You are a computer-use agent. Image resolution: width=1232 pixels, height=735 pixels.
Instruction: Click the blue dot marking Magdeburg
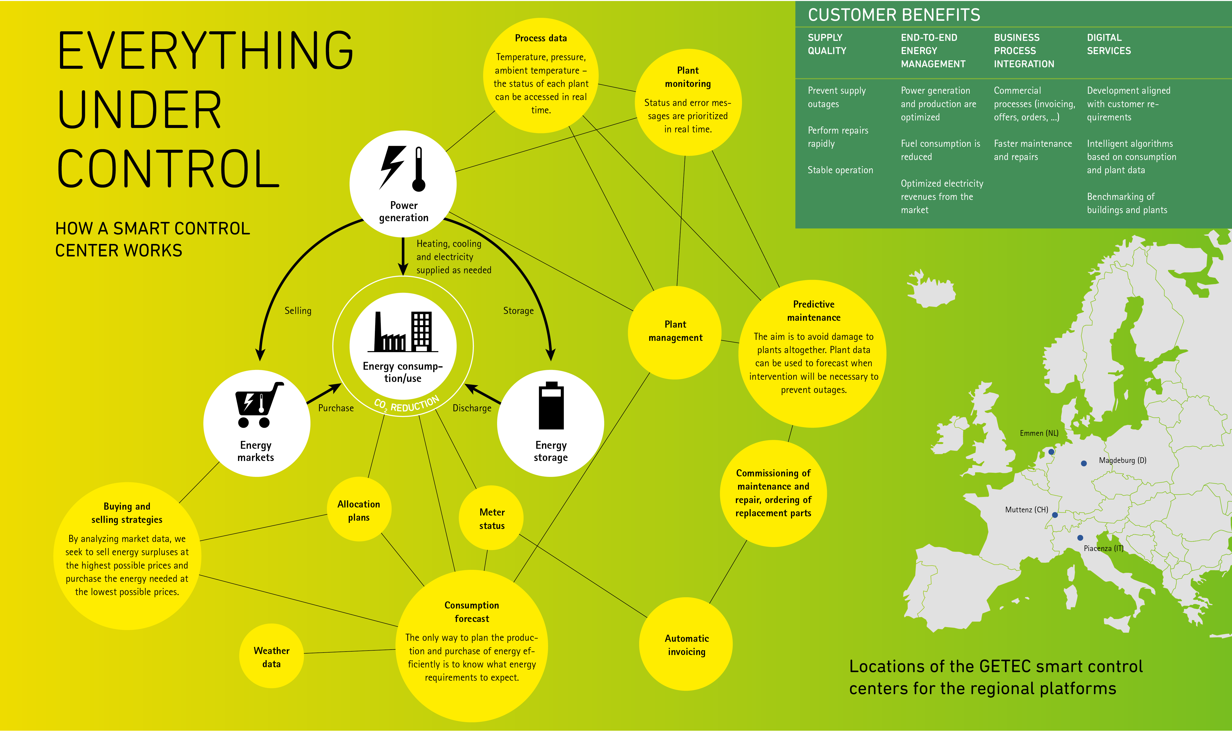[1084, 463]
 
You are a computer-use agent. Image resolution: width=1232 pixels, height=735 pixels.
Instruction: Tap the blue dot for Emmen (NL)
[1051, 452]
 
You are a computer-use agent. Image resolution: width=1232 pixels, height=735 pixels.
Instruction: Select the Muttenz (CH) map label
[1026, 510]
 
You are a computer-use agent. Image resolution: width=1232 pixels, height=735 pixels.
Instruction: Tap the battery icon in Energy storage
[551, 405]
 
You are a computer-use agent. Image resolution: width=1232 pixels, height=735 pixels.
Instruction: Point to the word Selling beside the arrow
[298, 310]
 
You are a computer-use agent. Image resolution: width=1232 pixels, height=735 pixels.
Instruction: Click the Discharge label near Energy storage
[472, 408]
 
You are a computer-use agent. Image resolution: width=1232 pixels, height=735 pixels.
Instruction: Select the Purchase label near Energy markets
[336, 408]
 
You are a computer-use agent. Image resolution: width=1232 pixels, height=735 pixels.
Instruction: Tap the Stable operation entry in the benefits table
[840, 170]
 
